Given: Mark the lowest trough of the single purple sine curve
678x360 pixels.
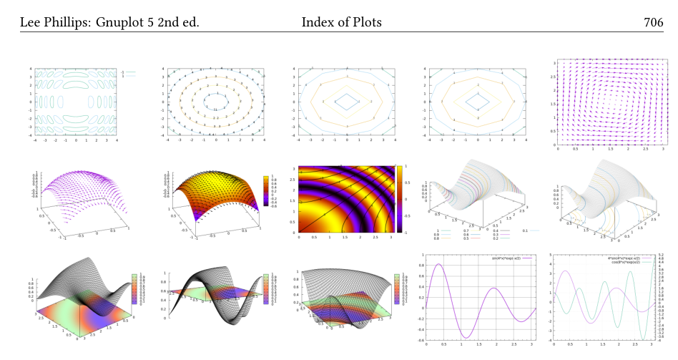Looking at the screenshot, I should pyautogui.click(x=466, y=337).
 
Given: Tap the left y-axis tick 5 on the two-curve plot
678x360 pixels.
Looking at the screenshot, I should pyautogui.click(x=551, y=255).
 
